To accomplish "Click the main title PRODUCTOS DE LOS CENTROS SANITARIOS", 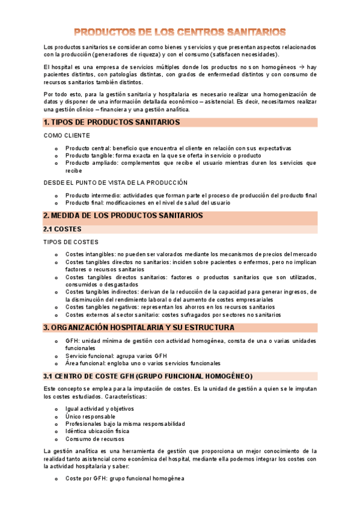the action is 180,31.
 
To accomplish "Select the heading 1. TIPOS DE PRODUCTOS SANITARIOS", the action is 112,123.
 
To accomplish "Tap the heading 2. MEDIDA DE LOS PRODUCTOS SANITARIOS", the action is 123,216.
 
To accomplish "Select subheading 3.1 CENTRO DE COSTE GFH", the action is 148,376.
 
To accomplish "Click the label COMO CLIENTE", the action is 67,136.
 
